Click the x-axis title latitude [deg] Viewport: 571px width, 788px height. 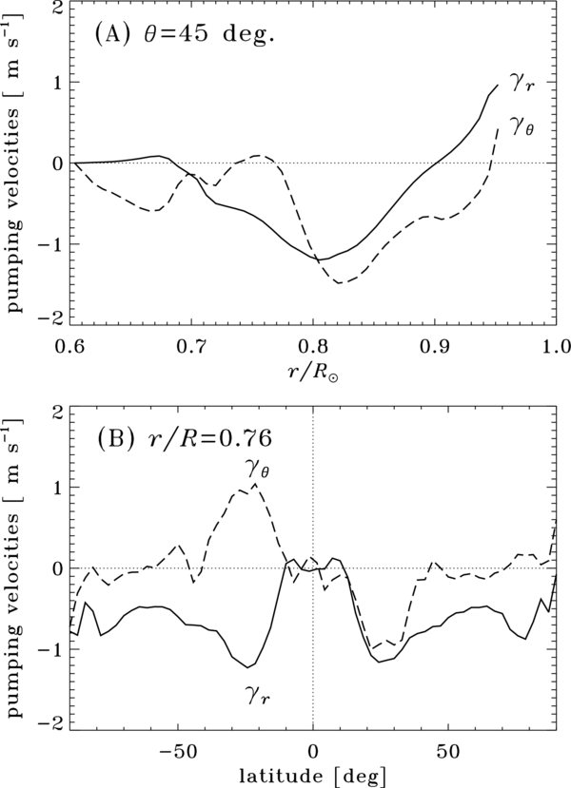point(312,772)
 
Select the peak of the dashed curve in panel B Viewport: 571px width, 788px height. point(254,485)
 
